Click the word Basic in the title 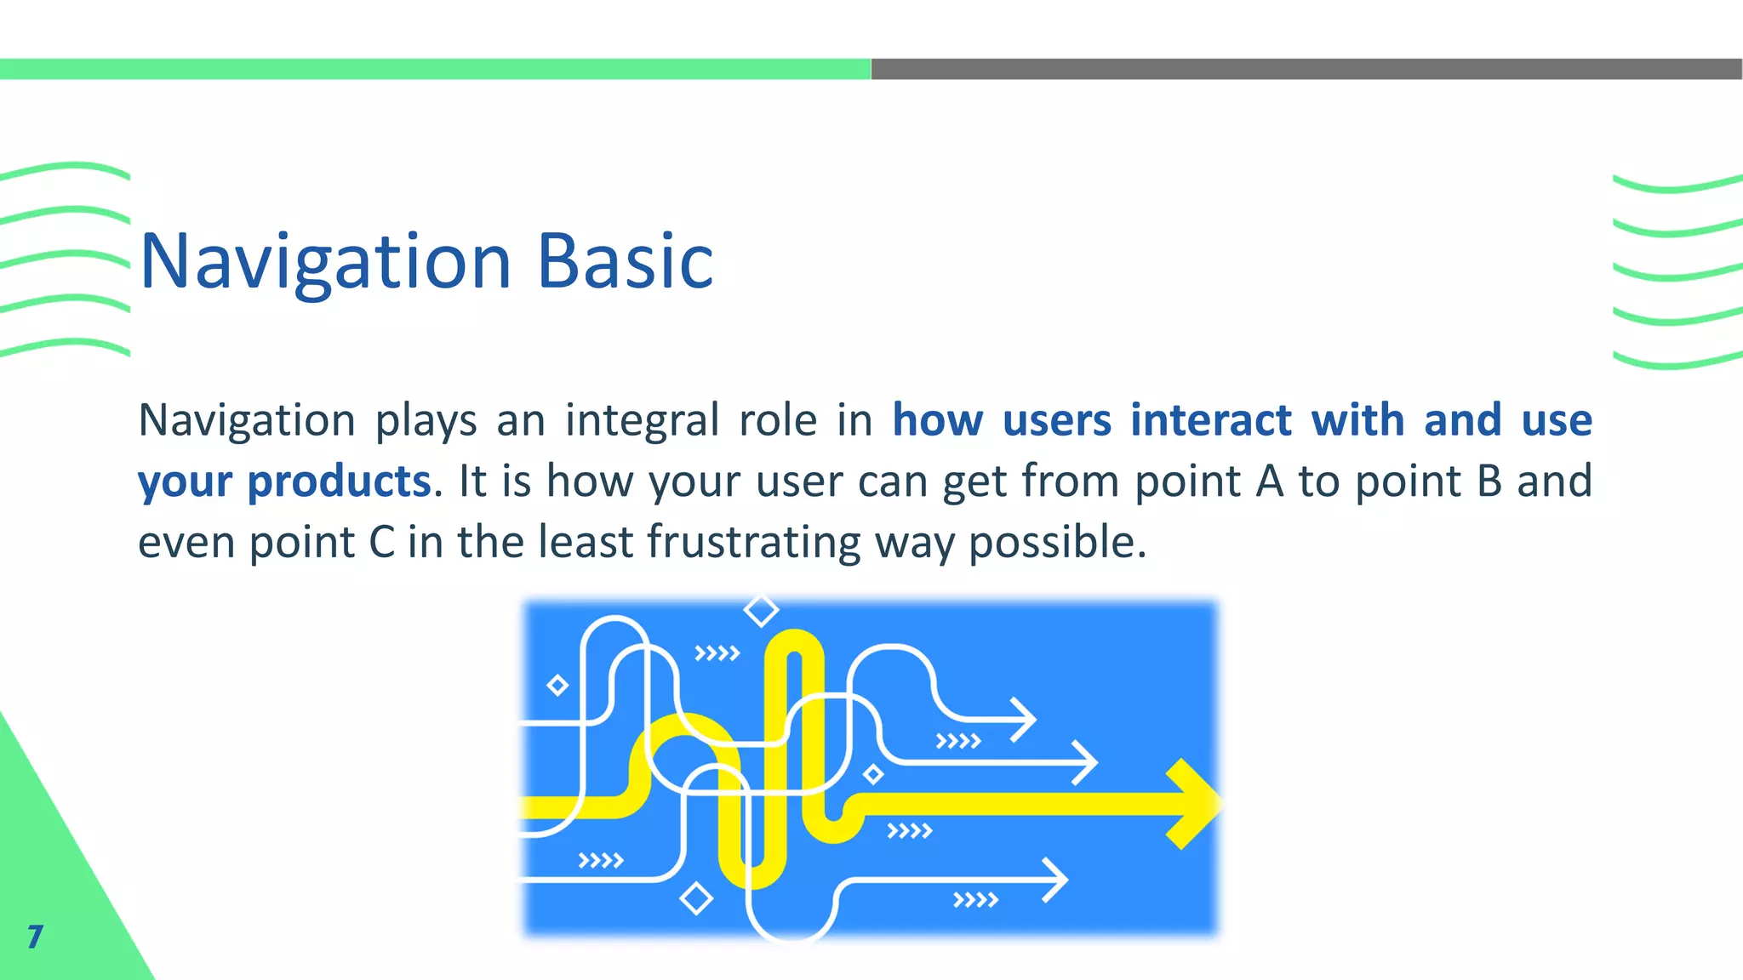[x=626, y=262]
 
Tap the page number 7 [x=35, y=936]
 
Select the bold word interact [x=1211, y=420]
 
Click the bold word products [x=339, y=481]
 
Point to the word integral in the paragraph [x=642, y=420]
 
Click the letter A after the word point [x=1269, y=481]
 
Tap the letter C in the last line [x=381, y=543]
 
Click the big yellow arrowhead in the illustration [x=1196, y=804]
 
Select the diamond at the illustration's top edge [x=761, y=610]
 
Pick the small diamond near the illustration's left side [x=557, y=685]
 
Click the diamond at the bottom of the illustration [x=696, y=898]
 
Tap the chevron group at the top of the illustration [x=717, y=653]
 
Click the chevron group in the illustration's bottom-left [x=600, y=861]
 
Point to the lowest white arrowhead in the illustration [x=1055, y=880]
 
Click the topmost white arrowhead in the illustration [x=1024, y=720]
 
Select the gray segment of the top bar [x=1306, y=69]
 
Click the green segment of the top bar [x=434, y=69]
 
